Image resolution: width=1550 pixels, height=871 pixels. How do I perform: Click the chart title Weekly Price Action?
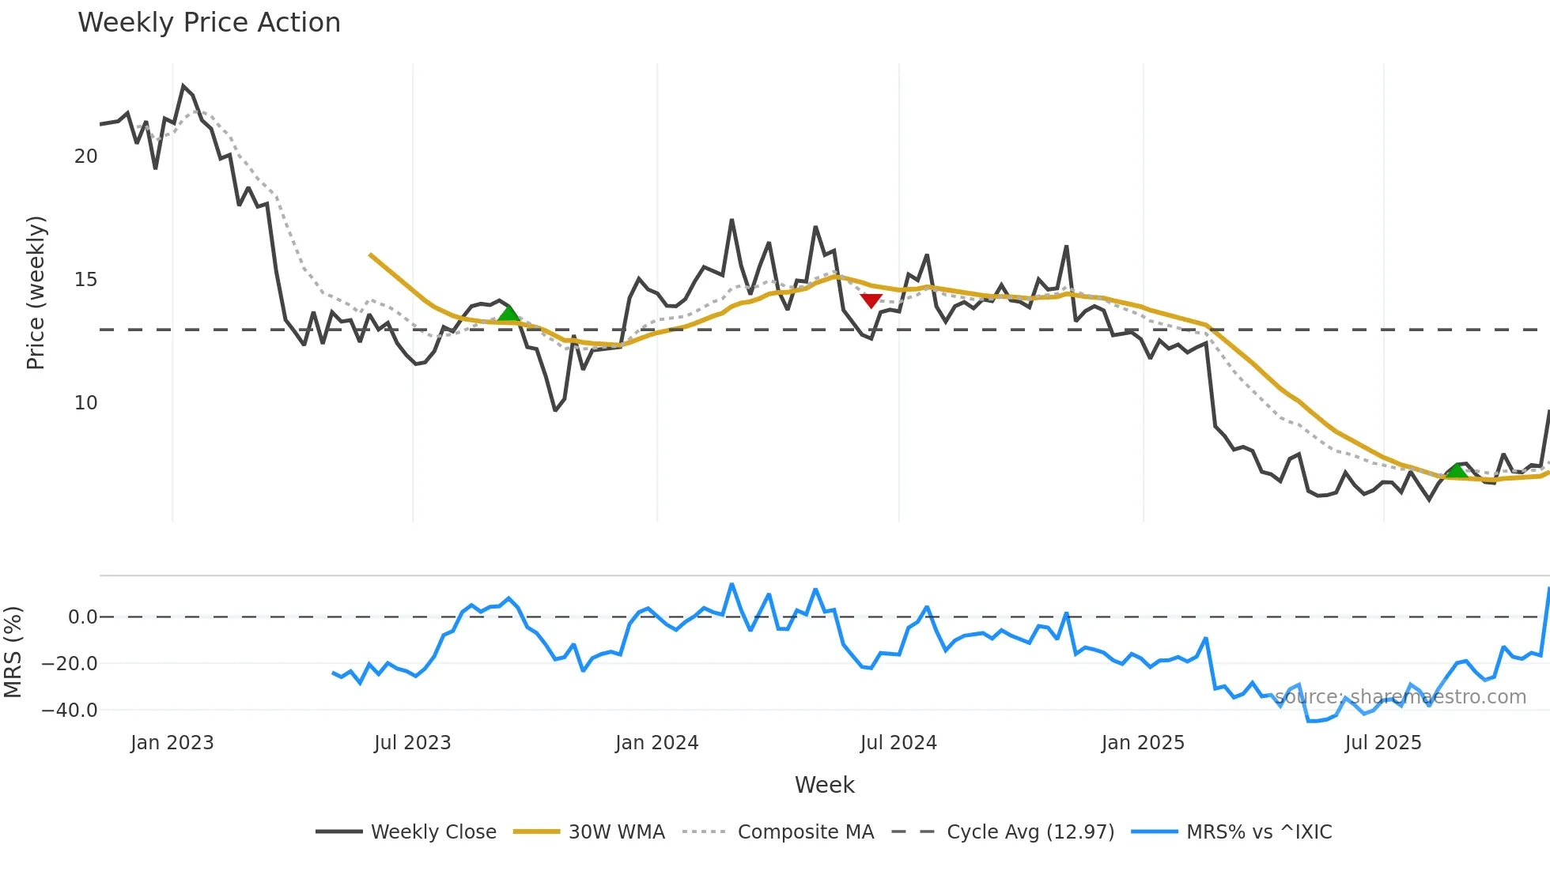click(209, 22)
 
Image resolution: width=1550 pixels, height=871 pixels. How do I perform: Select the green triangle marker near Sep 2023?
click(508, 313)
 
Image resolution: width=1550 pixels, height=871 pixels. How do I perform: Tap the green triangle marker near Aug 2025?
click(1457, 471)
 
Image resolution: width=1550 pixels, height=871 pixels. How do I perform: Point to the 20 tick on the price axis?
click(85, 156)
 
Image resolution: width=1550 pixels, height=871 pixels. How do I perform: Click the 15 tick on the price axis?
click(85, 280)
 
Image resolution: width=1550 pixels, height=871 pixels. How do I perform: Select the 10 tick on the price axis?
click(85, 403)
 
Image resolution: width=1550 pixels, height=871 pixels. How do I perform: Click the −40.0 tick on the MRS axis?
click(70, 710)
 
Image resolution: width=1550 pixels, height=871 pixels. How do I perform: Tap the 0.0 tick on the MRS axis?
click(82, 617)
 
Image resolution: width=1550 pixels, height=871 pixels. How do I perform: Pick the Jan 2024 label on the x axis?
click(656, 743)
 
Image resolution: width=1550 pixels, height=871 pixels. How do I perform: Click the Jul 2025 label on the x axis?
click(1382, 743)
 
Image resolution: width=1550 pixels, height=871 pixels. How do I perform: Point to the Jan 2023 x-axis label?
click(172, 743)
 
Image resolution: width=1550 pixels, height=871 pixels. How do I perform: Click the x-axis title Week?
click(824, 785)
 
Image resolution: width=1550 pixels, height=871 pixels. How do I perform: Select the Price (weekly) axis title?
click(36, 292)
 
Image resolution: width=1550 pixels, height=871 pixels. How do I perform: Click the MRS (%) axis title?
click(13, 652)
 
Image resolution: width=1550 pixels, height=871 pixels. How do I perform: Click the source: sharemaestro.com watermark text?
click(1400, 697)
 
